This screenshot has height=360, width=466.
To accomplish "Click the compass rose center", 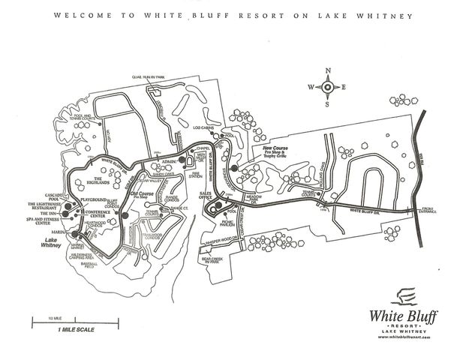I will click(328, 87).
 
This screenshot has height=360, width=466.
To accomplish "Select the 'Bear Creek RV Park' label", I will click(211, 261).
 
